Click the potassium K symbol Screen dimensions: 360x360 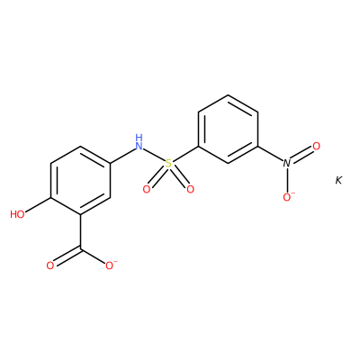coord(338,181)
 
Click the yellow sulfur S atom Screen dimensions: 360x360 coord(169,164)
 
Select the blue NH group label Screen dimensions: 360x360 coord(139,142)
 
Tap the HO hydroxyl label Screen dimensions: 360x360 coord(17,214)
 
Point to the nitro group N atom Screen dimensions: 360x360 coord(287,164)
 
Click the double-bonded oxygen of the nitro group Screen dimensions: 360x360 coord(316,147)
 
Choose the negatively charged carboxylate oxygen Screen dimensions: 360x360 coord(111,265)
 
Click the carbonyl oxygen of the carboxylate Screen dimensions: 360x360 coord(50,265)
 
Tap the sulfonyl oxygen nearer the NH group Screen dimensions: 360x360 coord(147,189)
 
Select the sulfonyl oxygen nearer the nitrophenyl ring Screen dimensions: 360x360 coord(190,189)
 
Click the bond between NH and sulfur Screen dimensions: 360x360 coord(154,155)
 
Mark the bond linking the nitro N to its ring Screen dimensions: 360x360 coord(270,154)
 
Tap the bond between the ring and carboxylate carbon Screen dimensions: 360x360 coord(81,231)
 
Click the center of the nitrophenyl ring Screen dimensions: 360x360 coord(228,130)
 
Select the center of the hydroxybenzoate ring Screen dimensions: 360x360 coord(81,180)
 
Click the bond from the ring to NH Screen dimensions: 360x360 coord(122,157)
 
